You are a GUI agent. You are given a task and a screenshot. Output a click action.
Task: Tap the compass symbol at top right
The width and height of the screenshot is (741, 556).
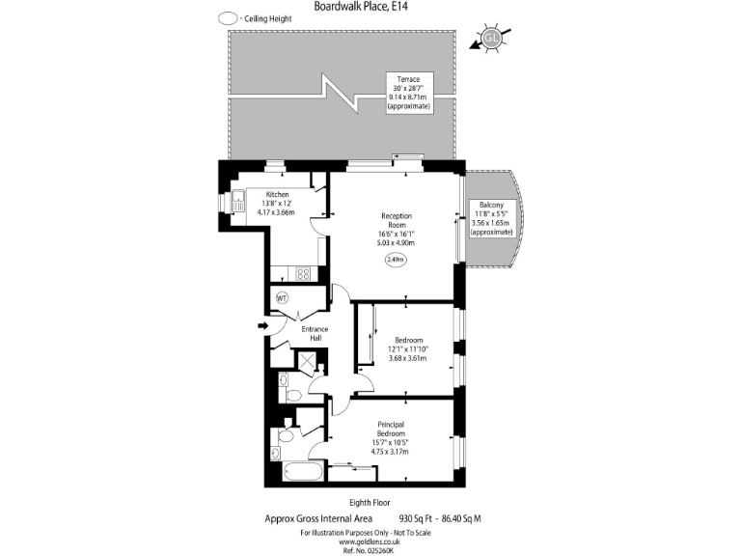pyautogui.click(x=491, y=39)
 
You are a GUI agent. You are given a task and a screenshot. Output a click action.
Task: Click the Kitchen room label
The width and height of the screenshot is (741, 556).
pyautogui.click(x=278, y=194)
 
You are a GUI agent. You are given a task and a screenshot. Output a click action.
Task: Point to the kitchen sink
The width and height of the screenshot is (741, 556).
pyautogui.click(x=238, y=203)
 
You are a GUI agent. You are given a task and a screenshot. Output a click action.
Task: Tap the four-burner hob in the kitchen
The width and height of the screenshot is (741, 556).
pyautogui.click(x=302, y=273)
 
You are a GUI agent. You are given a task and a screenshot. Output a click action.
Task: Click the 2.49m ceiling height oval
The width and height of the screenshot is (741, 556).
pyautogui.click(x=397, y=260)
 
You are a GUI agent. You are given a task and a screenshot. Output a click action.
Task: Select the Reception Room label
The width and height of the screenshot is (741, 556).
pyautogui.click(x=397, y=221)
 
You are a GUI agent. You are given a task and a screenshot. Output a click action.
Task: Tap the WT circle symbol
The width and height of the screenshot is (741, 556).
pyautogui.click(x=283, y=297)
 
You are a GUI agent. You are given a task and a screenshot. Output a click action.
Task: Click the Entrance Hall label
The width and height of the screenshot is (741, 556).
pyautogui.click(x=316, y=334)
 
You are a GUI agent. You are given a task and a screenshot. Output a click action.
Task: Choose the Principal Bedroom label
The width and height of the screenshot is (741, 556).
pyautogui.click(x=392, y=429)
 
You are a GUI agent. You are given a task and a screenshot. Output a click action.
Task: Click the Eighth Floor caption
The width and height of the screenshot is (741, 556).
pyautogui.click(x=370, y=503)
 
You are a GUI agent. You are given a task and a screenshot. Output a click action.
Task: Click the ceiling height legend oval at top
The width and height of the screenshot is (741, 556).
pyautogui.click(x=229, y=17)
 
